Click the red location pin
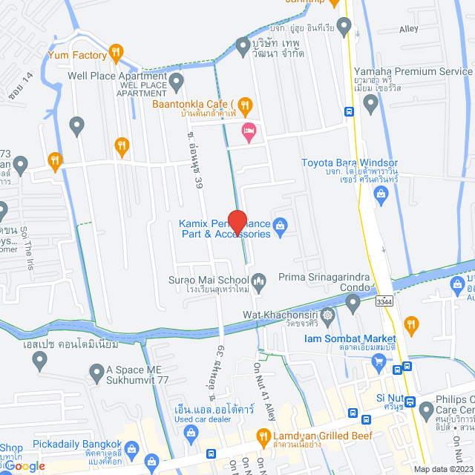(x=237, y=223)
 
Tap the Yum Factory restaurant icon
(x=116, y=52)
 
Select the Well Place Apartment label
(x=117, y=76)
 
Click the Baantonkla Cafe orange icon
(x=246, y=105)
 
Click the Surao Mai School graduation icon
(x=259, y=280)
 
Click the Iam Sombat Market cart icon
(x=380, y=361)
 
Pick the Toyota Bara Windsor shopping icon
(x=382, y=195)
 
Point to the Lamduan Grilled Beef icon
(x=262, y=436)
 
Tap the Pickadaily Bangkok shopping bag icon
(x=132, y=448)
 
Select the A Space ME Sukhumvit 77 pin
(x=96, y=371)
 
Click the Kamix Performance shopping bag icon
(x=281, y=225)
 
